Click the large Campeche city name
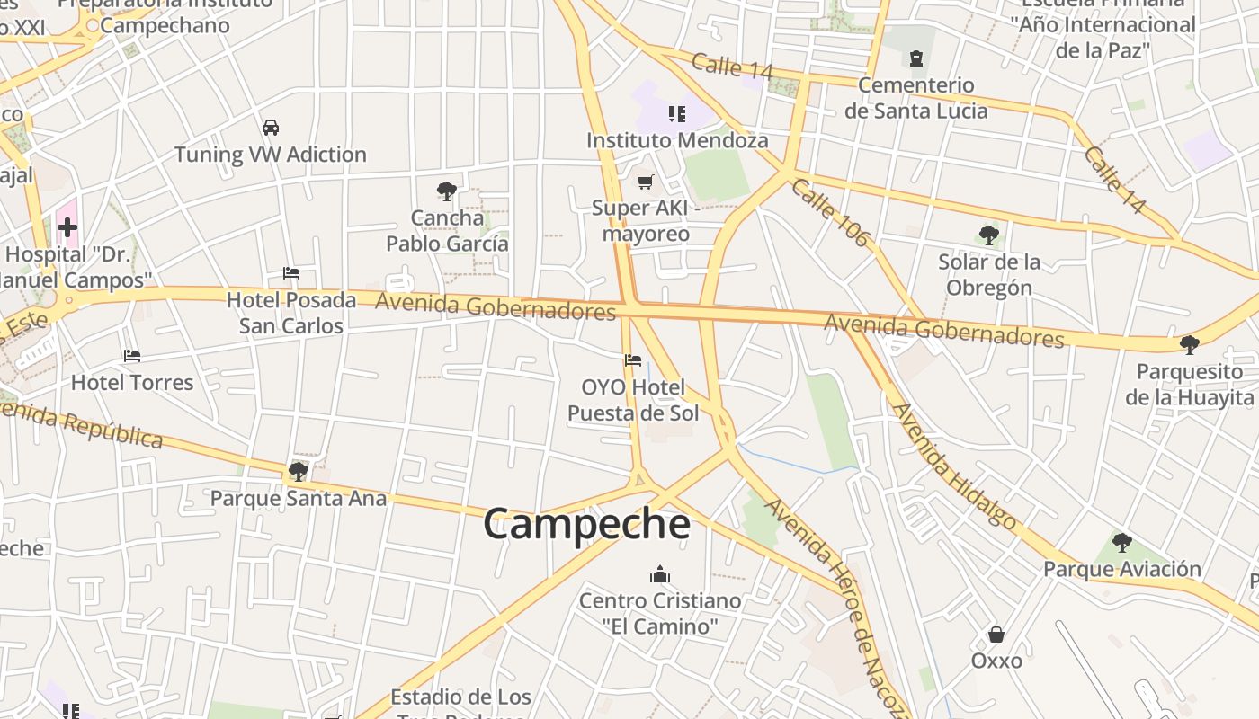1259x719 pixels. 586,524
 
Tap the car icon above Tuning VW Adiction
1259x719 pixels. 271,128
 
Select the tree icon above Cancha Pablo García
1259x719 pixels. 446,191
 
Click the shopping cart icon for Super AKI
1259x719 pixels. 645,182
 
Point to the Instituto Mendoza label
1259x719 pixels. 677,140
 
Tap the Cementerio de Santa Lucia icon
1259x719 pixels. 915,59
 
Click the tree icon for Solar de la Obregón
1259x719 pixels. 988,235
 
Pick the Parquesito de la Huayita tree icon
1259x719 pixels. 1189,344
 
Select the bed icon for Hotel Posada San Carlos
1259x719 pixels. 290,273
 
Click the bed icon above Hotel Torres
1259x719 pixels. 132,356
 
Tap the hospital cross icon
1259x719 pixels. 67,227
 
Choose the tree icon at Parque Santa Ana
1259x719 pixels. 299,471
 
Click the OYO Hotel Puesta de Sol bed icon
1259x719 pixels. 633,361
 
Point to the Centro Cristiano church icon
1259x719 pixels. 660,574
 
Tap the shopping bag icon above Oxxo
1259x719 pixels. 996,635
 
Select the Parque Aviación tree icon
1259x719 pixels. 1121,542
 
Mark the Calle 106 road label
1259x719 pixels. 831,213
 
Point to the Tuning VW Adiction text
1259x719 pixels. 271,155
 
